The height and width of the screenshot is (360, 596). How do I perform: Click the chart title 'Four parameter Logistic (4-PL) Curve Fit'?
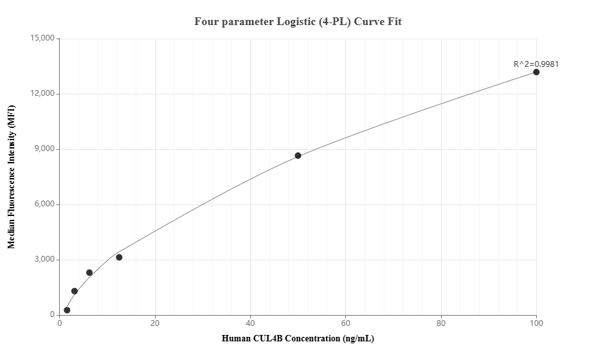(x=298, y=22)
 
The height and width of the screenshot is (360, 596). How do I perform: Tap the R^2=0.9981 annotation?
(x=536, y=64)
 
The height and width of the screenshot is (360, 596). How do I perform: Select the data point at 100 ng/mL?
(x=536, y=72)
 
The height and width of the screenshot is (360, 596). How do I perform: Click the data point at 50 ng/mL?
(x=298, y=156)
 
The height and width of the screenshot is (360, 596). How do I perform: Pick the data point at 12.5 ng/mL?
(x=119, y=257)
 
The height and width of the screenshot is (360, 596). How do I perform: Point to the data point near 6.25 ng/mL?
(x=89, y=273)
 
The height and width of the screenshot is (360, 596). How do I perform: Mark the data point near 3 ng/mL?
(x=75, y=291)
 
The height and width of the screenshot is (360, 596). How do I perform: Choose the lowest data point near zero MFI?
(x=67, y=310)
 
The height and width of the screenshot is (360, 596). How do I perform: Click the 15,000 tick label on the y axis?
(x=42, y=39)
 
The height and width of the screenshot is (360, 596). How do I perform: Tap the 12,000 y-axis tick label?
(x=42, y=94)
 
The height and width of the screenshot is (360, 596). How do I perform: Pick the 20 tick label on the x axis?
(x=155, y=323)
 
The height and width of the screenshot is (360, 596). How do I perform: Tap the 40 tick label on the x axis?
(x=250, y=323)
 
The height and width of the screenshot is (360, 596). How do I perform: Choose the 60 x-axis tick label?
(x=346, y=323)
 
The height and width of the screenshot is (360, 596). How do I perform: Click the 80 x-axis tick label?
(x=441, y=323)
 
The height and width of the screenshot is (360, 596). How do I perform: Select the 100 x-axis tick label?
(x=536, y=323)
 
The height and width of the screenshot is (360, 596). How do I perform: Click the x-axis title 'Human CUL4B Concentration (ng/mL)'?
(x=298, y=338)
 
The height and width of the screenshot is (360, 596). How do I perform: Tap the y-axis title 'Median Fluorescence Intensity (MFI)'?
(x=11, y=177)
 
